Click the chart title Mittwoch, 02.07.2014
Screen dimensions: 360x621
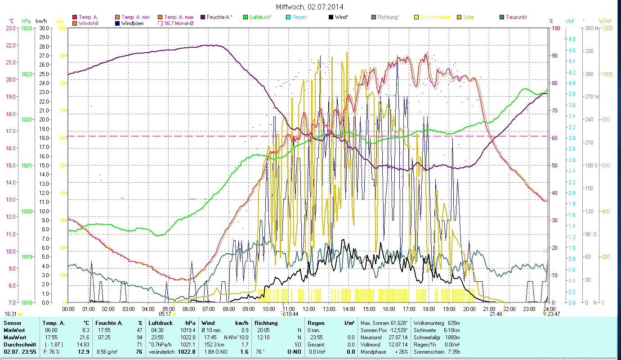pyautogui.click(x=310, y=7)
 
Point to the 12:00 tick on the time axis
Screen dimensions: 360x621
pyautogui.click(x=309, y=309)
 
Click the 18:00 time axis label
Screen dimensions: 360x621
pyautogui.click(x=429, y=309)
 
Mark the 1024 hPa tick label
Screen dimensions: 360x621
pyautogui.click(x=27, y=28)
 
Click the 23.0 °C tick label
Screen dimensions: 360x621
pyautogui.click(x=11, y=28)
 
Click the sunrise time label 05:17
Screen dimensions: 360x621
pyautogui.click(x=165, y=314)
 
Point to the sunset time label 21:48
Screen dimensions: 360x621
pyautogui.click(x=496, y=314)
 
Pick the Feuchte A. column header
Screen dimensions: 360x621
pyautogui.click(x=108, y=323)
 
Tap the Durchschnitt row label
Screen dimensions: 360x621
pyautogui.click(x=20, y=344)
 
